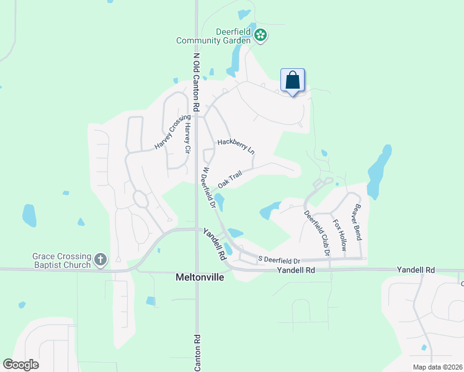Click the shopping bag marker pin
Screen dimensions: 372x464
293,81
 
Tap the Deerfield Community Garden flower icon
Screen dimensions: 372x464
261,35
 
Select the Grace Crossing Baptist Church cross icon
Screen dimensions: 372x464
101,259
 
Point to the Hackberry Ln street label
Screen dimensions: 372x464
236,146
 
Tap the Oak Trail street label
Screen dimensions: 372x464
232,179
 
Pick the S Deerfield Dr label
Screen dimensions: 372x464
278,259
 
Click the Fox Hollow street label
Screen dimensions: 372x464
339,234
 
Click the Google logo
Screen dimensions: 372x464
21,365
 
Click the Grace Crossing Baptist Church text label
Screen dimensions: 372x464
62,260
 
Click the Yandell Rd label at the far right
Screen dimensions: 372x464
416,270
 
